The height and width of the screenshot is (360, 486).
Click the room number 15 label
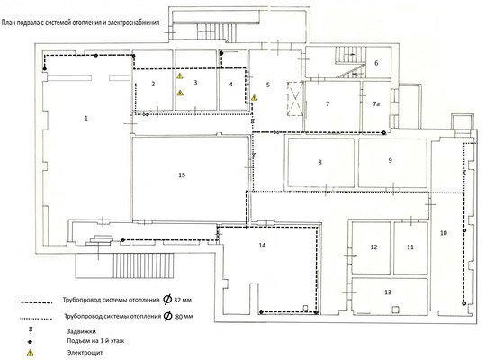tap(182, 175)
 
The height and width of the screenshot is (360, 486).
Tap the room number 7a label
tap(376, 103)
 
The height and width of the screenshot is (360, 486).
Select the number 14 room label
tap(262, 246)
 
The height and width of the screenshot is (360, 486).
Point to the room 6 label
tap(376, 63)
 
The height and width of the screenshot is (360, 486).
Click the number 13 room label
tap(388, 292)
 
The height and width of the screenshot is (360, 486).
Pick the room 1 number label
tap(86, 118)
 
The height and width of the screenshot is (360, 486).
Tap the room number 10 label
tap(444, 233)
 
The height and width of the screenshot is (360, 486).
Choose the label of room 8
tap(319, 162)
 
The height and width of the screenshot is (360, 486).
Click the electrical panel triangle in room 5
tap(254, 98)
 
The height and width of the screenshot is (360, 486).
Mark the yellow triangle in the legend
tap(30, 352)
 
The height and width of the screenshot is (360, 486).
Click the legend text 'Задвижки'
tap(82, 331)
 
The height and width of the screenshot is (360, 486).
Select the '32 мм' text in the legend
tap(183, 300)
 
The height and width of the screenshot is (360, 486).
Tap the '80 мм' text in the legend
tap(184, 317)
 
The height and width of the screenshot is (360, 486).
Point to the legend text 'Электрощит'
tap(85, 353)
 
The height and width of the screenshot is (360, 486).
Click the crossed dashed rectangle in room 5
tap(295, 99)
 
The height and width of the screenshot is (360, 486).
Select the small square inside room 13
tap(395, 309)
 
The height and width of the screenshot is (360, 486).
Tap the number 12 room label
tap(373, 247)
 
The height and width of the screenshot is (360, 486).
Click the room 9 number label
tap(391, 160)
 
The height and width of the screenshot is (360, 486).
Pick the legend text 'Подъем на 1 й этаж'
tap(95, 341)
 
